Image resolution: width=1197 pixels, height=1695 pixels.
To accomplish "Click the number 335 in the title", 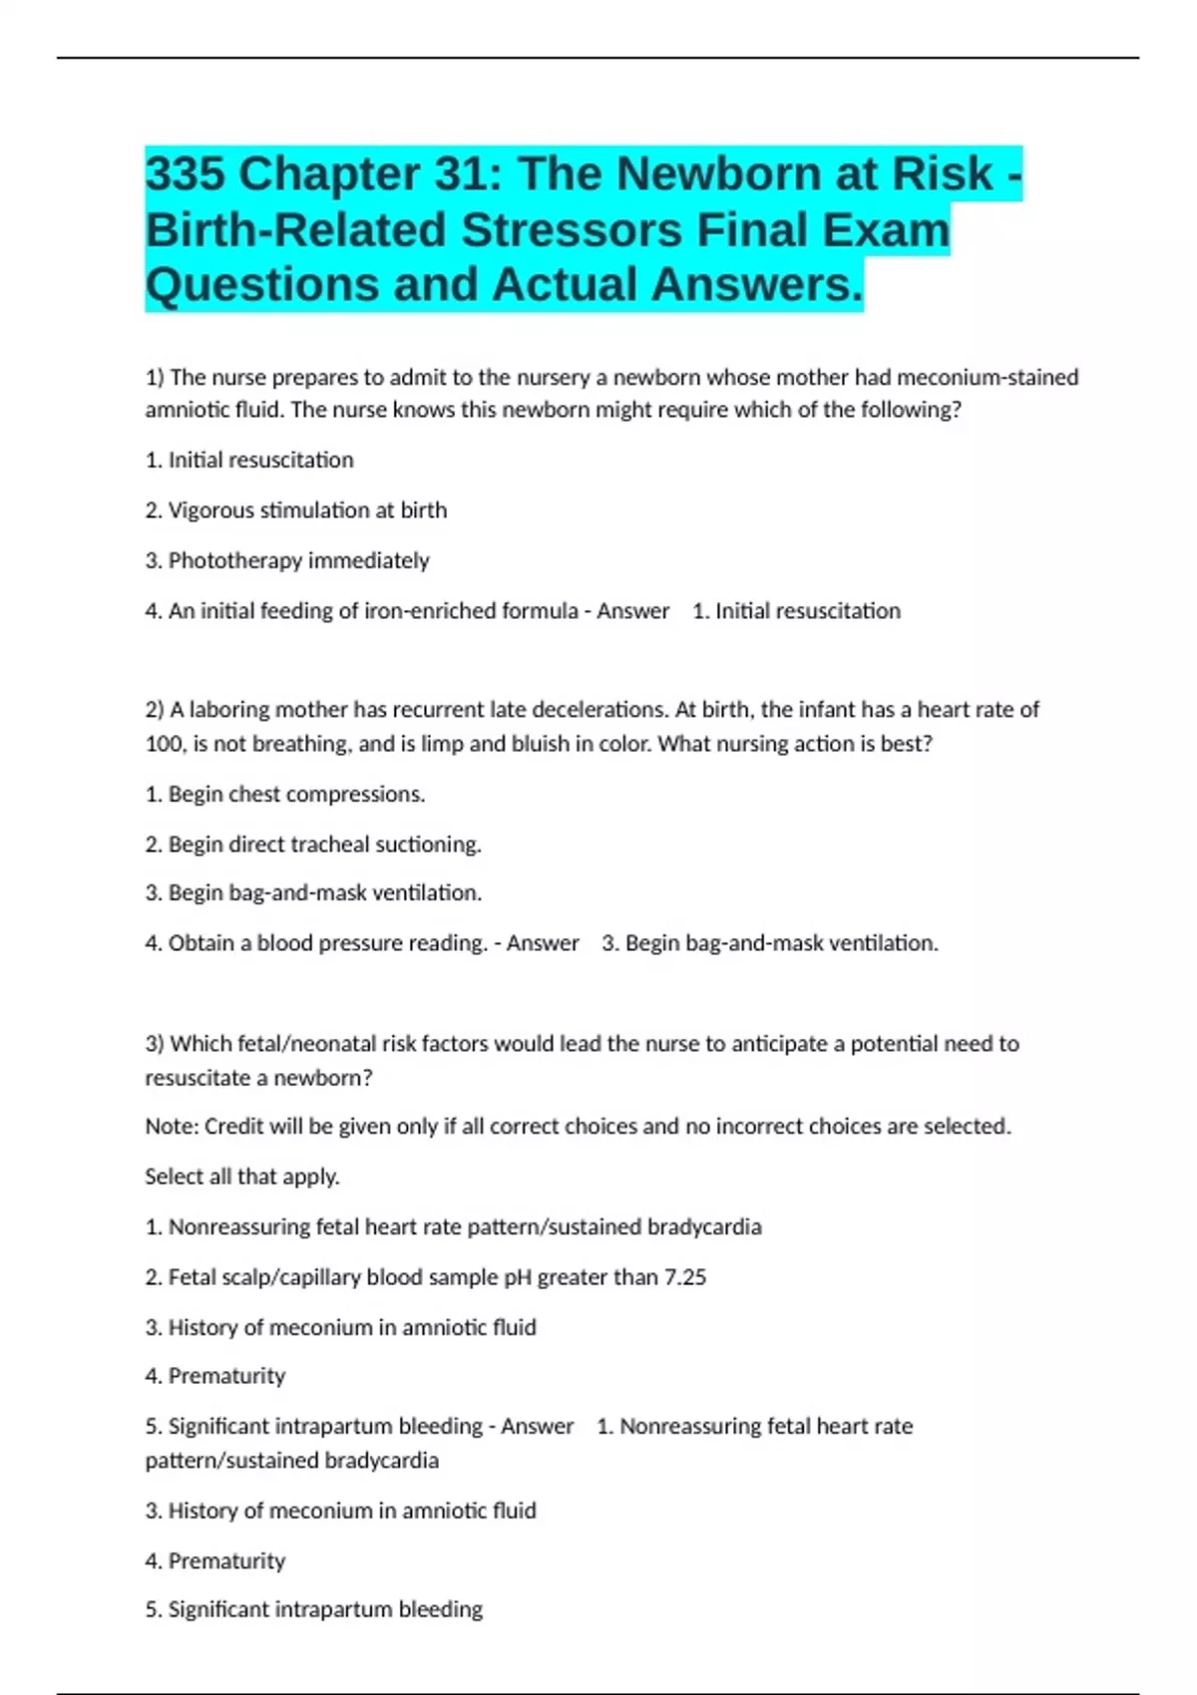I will [x=186, y=174].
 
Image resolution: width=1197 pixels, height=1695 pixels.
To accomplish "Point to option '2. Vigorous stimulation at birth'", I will [x=296, y=510].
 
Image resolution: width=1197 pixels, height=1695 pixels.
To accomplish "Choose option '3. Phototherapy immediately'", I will [x=287, y=560].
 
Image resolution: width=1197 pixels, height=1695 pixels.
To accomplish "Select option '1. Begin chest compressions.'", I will [x=285, y=795].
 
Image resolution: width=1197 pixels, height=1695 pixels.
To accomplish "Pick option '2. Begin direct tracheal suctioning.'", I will [x=313, y=845].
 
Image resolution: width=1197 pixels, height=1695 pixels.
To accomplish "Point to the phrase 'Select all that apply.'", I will [x=242, y=1177].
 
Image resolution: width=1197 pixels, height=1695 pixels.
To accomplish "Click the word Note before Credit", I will [x=170, y=1127].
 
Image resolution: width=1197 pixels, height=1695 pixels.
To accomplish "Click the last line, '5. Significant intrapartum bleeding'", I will [x=313, y=1609].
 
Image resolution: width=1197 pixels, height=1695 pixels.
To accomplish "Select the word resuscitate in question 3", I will [x=206, y=1078].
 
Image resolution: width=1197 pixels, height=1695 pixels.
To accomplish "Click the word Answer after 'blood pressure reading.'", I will [x=543, y=943].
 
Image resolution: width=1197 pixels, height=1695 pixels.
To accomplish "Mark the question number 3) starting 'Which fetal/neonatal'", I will [x=155, y=1044].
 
